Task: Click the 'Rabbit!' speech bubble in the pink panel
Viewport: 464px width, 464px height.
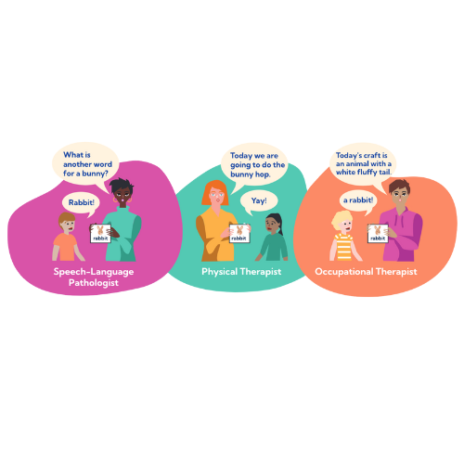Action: click(x=81, y=204)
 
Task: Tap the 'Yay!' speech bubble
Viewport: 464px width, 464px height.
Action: click(x=259, y=201)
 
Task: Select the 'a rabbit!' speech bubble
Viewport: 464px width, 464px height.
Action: click(x=358, y=201)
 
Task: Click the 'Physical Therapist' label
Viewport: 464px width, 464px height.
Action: click(x=241, y=272)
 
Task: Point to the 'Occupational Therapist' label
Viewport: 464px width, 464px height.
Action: click(x=366, y=272)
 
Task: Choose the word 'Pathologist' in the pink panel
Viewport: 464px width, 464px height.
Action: click(x=94, y=283)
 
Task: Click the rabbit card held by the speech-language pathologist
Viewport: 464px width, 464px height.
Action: click(x=100, y=233)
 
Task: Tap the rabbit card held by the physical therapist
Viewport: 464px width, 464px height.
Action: click(x=239, y=233)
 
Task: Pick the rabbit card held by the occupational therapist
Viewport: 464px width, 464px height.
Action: click(x=378, y=233)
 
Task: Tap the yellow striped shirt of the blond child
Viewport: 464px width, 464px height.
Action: click(x=344, y=247)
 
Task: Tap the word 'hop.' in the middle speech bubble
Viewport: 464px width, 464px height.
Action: click(x=263, y=174)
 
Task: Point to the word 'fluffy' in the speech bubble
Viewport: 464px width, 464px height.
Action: click(x=367, y=173)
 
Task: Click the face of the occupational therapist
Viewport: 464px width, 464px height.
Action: click(x=400, y=195)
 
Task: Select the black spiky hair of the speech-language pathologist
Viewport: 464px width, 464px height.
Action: click(x=122, y=186)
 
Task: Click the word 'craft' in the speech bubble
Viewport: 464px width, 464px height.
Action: click(x=372, y=155)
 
